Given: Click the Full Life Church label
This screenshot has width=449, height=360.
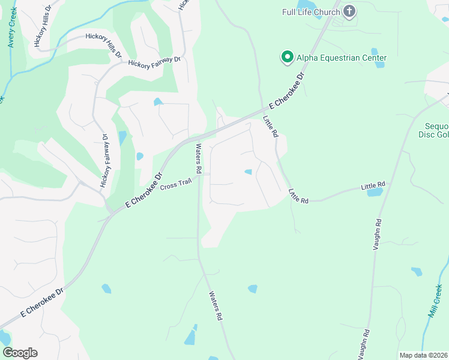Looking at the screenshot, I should tap(312, 11).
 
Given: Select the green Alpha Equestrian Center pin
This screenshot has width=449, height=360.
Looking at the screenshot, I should tap(287, 58).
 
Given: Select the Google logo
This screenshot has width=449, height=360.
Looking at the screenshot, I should tap(20, 353).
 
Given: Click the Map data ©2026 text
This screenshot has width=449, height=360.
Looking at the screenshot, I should tap(423, 355).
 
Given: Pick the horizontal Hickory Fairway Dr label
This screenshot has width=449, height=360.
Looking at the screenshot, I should tap(154, 62).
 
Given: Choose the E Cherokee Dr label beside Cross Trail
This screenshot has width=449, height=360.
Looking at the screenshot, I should tap(144, 191).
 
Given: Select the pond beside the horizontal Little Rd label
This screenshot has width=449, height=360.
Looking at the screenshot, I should tap(375, 193).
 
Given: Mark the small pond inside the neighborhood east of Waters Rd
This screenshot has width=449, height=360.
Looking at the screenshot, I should tap(249, 172).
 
